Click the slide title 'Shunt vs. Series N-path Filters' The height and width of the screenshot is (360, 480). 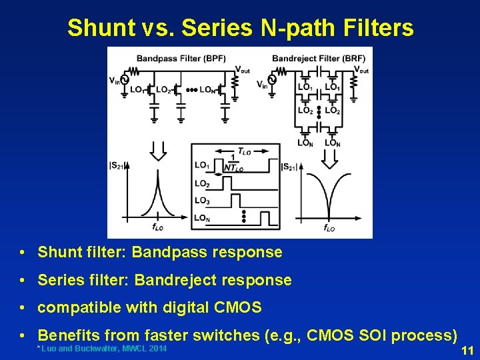click(240, 27)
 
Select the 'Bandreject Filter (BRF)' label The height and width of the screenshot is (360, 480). click(318, 58)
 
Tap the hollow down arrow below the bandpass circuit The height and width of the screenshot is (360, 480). click(157, 151)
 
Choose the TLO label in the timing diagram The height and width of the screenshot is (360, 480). click(245, 151)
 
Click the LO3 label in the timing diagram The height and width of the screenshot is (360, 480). click(202, 201)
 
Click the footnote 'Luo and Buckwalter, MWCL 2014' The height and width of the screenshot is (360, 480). click(101, 349)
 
